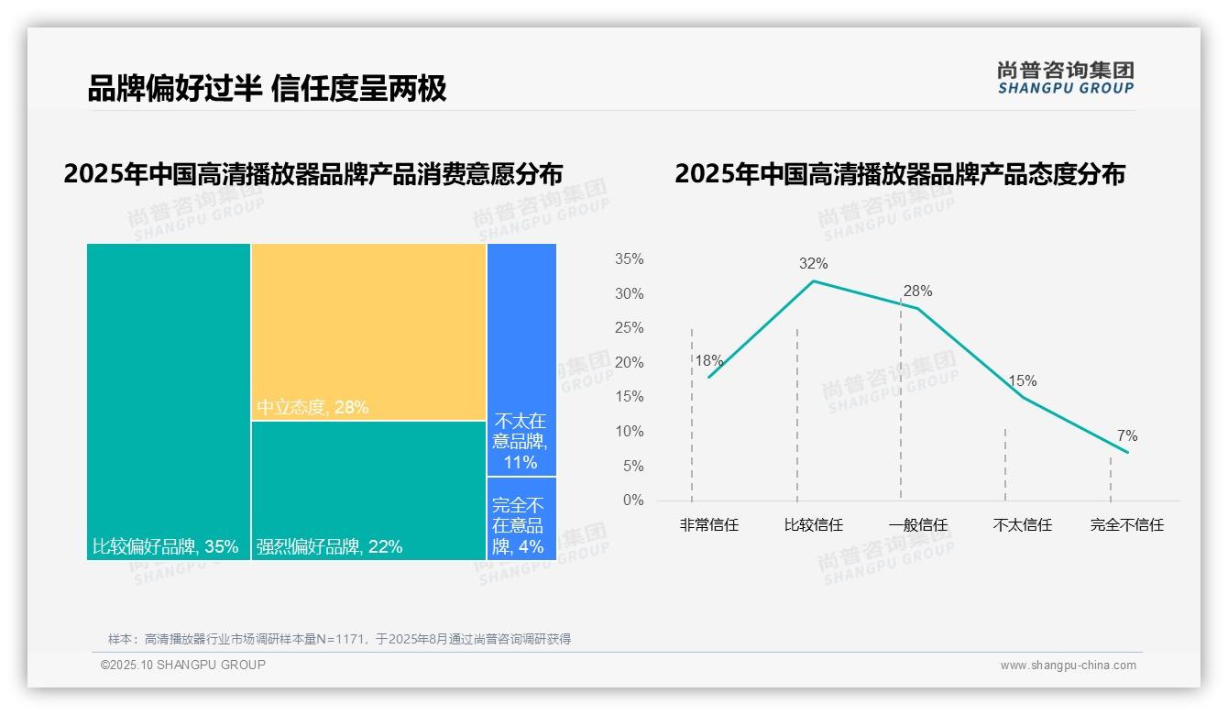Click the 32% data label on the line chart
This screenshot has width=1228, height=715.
[813, 264]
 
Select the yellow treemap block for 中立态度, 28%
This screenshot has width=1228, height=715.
[368, 331]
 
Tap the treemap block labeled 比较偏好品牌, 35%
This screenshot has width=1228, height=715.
[169, 401]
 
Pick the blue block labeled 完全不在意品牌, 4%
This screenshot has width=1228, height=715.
[521, 519]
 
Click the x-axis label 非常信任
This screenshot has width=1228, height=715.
[708, 525]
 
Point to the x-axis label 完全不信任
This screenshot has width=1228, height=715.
[1126, 525]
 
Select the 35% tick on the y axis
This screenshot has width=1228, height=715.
[629, 259]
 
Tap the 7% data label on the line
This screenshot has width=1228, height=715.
[1126, 436]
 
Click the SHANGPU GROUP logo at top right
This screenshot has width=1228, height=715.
[1065, 78]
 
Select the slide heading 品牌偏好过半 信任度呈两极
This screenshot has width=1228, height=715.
[267, 88]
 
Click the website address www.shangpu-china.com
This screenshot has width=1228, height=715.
[1068, 665]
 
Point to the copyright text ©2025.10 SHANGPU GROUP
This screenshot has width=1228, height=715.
[183, 665]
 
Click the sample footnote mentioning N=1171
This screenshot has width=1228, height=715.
[339, 639]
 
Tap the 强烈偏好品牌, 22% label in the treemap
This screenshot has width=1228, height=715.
[330, 547]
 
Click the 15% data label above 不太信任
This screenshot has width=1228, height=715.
[1023, 380]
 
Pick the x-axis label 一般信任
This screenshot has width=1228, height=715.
[917, 525]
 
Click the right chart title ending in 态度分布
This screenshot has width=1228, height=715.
[899, 174]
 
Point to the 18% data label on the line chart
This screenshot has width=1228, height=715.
[708, 360]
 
